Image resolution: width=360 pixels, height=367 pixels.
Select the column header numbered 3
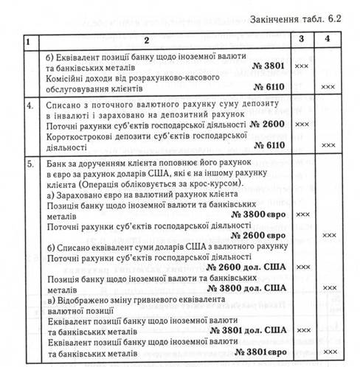(x=302, y=37)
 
